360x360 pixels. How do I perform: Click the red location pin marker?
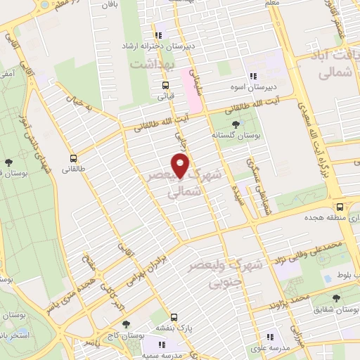pos(181,166)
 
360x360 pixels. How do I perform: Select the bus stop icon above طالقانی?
pos(74,159)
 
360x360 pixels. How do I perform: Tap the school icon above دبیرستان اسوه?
pos(252,77)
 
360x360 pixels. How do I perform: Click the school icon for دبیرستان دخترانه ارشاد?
pos(160,34)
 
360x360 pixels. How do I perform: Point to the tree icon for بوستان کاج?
pos(125,325)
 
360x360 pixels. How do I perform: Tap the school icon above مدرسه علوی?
pos(270,337)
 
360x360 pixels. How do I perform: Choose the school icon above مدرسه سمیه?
pos(161,345)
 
